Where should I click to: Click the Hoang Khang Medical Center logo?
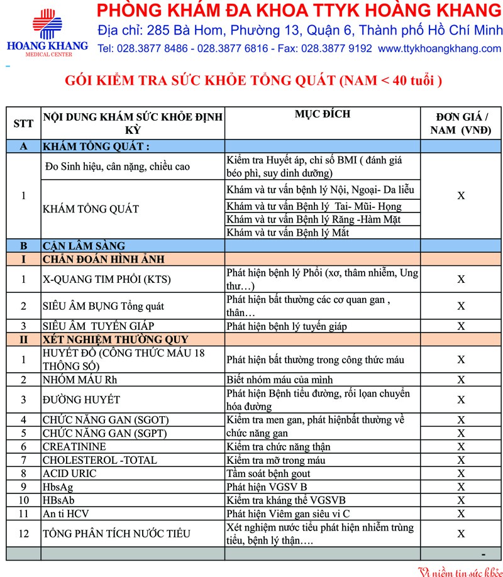(x=47, y=31)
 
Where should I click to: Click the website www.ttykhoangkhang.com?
(x=440, y=48)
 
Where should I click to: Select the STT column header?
(x=23, y=123)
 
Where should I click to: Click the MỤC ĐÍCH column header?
(x=323, y=114)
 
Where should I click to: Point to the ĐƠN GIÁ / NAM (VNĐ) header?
(x=461, y=123)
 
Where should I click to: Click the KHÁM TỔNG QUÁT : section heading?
(x=96, y=146)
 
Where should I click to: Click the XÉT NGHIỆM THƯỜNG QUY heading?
(x=106, y=339)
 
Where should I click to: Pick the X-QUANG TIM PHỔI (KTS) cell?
(x=107, y=279)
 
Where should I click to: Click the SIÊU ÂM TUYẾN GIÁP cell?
(x=98, y=326)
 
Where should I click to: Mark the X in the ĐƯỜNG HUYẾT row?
(x=461, y=400)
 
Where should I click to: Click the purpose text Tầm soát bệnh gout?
(x=269, y=473)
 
